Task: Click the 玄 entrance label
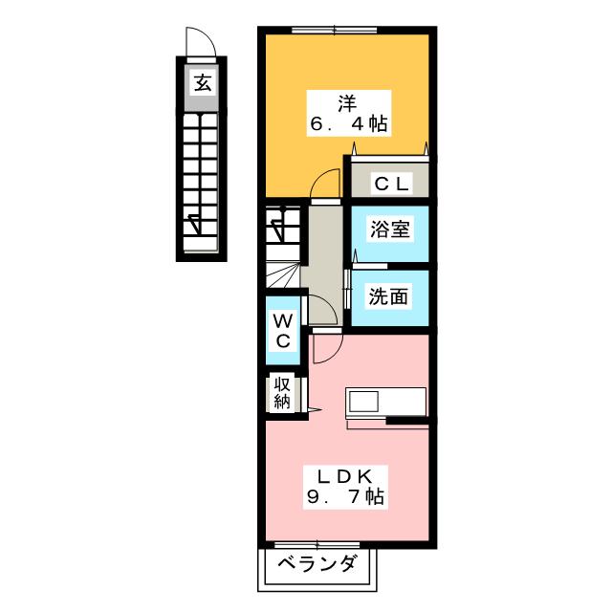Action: tap(202, 83)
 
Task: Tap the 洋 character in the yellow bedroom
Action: tap(345, 99)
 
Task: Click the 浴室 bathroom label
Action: tap(389, 230)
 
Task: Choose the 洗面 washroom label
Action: tap(388, 296)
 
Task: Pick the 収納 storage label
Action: tap(283, 391)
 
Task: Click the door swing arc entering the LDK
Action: tap(325, 350)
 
